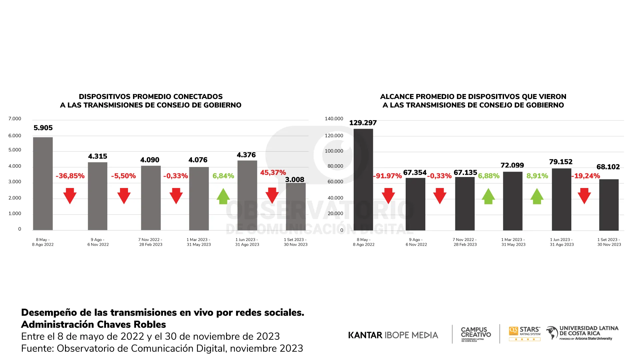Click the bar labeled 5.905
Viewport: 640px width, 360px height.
(43, 183)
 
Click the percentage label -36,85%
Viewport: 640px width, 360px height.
(70, 176)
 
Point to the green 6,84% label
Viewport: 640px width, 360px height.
(223, 176)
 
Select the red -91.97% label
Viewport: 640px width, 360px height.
(387, 176)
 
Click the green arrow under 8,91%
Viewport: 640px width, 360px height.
(537, 196)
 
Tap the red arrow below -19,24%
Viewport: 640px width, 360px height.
(584, 196)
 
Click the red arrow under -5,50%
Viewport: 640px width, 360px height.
(124, 196)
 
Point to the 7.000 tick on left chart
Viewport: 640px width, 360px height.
(15, 119)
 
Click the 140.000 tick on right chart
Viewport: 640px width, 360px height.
(334, 119)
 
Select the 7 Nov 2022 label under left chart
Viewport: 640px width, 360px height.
(151, 242)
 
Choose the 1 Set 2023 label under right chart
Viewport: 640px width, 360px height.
(609, 242)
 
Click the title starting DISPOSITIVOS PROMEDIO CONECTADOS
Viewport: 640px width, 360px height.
(151, 101)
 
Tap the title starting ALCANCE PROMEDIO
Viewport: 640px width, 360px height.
(473, 101)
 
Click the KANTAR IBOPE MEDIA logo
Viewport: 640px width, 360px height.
(393, 335)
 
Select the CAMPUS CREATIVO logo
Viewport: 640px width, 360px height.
(476, 334)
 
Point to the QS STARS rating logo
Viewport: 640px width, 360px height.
(525, 333)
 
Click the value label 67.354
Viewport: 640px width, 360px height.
(415, 172)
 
